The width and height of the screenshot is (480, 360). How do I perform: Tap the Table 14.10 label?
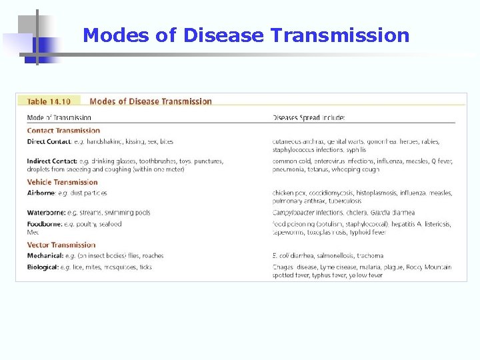[49, 102]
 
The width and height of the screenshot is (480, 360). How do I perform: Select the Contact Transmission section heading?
[63, 131]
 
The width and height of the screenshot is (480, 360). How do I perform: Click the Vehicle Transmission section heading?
[62, 182]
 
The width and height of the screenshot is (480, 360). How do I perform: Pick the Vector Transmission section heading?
[61, 245]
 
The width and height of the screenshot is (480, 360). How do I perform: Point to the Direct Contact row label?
[49, 141]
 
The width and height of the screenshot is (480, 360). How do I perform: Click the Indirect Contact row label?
[51, 161]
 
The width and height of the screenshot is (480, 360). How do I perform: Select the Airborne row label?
[41, 193]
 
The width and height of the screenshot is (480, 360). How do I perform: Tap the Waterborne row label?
[44, 213]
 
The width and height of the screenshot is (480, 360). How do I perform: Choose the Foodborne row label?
[43, 224]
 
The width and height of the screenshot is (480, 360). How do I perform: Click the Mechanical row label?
[45, 256]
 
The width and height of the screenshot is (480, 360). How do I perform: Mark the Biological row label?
[43, 267]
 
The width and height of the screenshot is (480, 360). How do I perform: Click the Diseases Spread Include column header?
[309, 118]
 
